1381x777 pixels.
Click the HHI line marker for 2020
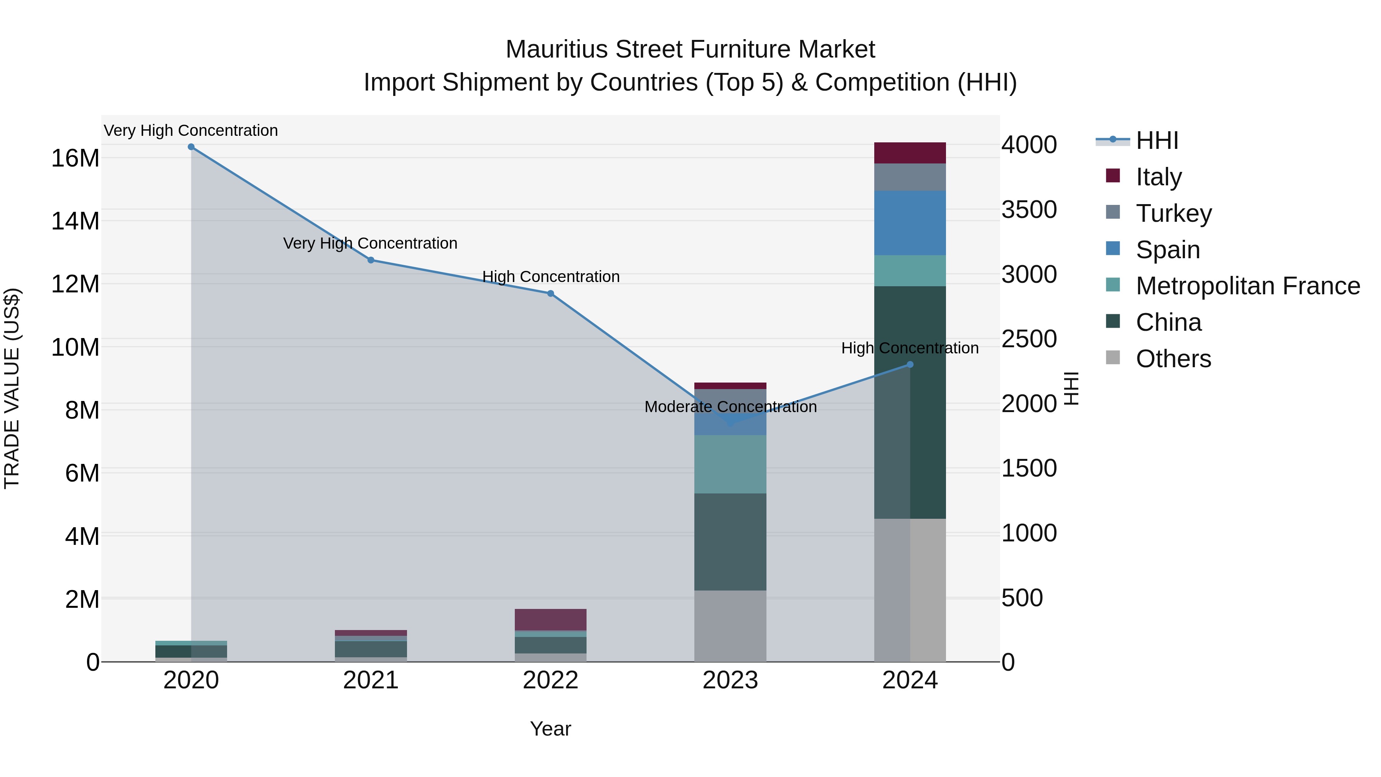(191, 147)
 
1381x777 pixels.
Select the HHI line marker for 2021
(371, 260)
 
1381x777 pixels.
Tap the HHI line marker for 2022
(550, 293)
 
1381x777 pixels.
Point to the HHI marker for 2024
(910, 365)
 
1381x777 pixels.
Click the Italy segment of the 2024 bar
(910, 153)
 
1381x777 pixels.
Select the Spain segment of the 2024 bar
(910, 223)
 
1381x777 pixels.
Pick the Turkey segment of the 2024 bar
(910, 177)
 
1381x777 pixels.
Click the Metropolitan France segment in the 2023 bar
(730, 464)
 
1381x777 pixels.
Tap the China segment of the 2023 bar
(730, 541)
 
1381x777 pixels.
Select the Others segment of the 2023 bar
(730, 626)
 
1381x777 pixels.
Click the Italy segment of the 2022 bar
(550, 619)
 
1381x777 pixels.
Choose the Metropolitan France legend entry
(1248, 286)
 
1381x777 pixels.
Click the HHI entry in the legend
(1157, 140)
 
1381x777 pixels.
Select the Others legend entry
(1173, 359)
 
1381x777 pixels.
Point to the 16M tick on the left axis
(75, 158)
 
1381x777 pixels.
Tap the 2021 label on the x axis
(371, 680)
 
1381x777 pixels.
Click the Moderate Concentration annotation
(730, 407)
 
